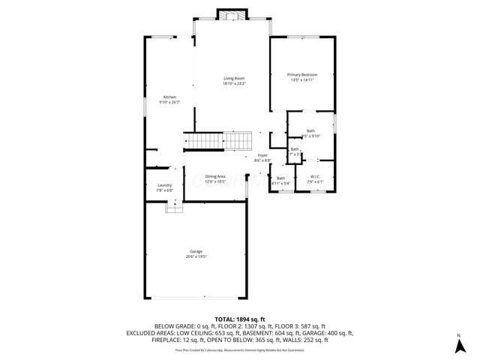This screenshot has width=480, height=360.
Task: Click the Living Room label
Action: tap(234, 79)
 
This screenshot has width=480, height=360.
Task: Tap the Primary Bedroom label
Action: tap(303, 75)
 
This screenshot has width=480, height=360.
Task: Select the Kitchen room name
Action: tap(169, 97)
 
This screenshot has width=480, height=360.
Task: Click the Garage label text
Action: tap(196, 251)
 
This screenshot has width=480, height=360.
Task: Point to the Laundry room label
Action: tap(165, 185)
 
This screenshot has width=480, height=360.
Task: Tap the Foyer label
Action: tap(262, 155)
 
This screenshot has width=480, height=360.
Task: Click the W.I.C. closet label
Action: tap(315, 177)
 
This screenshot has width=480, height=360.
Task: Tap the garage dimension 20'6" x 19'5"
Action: tap(196, 256)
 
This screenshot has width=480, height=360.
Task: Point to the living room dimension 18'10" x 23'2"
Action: tap(234, 84)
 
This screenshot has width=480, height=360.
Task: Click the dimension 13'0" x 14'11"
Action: tap(303, 80)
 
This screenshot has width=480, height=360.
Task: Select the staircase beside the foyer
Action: tap(217, 141)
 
